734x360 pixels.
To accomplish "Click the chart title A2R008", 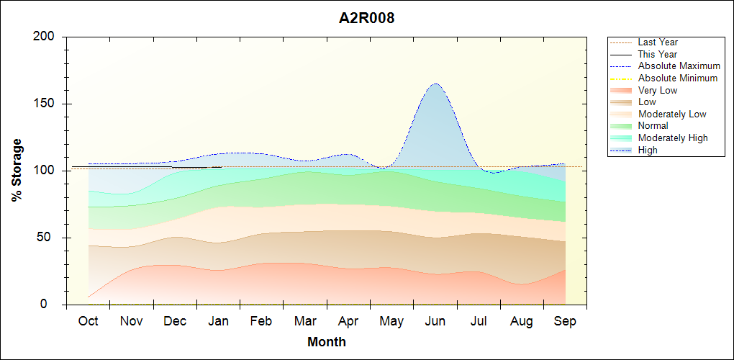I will click(x=367, y=19).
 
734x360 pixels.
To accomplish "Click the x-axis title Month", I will click(x=327, y=342).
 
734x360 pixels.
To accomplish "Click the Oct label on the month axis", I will click(x=89, y=321).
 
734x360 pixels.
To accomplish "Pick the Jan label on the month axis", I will click(x=219, y=321).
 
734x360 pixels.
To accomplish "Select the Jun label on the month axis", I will click(x=435, y=321).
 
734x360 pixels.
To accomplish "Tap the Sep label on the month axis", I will click(x=565, y=321).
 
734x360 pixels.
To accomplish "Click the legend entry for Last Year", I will click(x=658, y=42).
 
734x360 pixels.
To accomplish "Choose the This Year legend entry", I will click(x=658, y=54).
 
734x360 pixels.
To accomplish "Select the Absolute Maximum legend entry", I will click(x=679, y=66).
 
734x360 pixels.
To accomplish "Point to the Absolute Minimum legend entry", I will click(x=678, y=78).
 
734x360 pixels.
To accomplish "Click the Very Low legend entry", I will click(x=658, y=90).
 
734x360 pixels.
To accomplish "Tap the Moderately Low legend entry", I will click(x=672, y=114).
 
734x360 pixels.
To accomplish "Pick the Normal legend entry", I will click(x=653, y=126).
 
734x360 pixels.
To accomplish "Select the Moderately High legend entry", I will click(x=673, y=138).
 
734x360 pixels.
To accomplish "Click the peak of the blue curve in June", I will click(x=436, y=84).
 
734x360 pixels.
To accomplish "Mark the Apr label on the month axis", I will click(x=348, y=321).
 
